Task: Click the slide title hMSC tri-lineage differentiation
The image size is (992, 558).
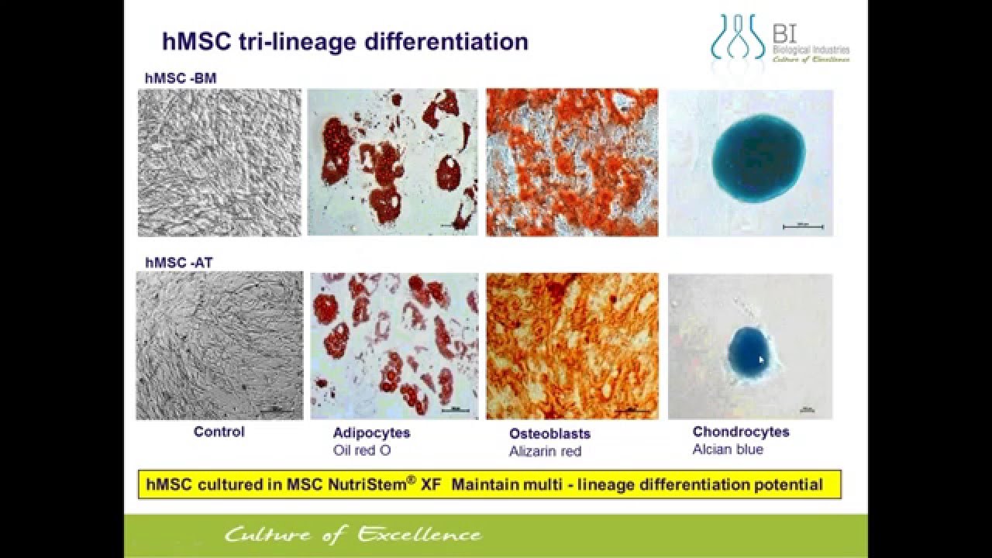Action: [345, 41]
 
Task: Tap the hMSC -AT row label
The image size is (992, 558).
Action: [179, 263]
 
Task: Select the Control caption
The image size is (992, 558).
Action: [219, 432]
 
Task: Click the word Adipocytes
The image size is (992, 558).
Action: [371, 432]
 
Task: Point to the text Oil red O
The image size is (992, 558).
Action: [362, 449]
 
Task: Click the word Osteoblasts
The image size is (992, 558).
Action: [549, 434]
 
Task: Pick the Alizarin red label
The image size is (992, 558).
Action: [545, 451]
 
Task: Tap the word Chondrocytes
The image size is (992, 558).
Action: [741, 432]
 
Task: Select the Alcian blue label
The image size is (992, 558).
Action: [728, 449]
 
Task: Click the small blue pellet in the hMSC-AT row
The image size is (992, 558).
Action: [749, 350]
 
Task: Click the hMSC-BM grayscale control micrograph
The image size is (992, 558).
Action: [219, 163]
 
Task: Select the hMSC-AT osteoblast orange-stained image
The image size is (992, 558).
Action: [572, 346]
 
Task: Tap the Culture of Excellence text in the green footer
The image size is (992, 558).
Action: [353, 535]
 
